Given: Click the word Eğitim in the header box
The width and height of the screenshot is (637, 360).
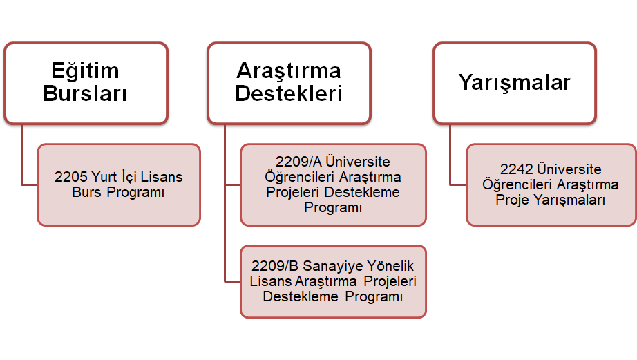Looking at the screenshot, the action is pos(85,71).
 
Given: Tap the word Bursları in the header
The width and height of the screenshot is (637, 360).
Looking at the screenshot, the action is pos(85,93).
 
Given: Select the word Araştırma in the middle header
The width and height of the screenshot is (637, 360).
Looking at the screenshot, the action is pos(289,71).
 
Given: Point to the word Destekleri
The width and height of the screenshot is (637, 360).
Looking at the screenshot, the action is pos(289,93).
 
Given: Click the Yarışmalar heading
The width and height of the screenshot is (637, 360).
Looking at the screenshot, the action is pos(515,83).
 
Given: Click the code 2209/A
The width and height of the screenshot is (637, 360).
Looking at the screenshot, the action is pos(298,162).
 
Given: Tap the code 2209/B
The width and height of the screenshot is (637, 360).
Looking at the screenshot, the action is pos(275,266).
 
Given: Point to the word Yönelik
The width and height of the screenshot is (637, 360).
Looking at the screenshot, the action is pos(390,266).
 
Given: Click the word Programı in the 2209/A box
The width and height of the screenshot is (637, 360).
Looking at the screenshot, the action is pos(333,208).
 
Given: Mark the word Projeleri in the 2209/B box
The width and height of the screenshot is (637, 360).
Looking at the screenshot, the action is pos(390,282).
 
